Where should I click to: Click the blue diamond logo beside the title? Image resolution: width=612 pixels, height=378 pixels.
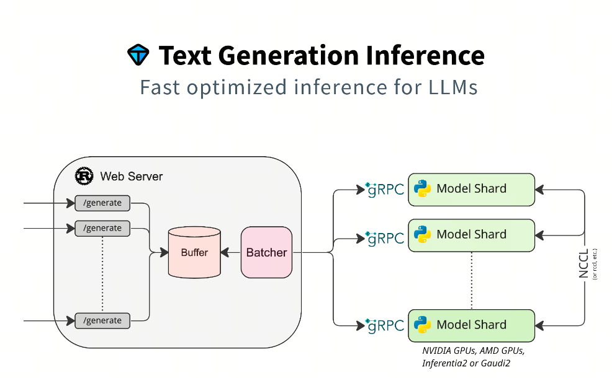pyautogui.click(x=138, y=55)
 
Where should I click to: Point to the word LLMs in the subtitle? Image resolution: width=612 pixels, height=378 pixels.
pyautogui.click(x=453, y=87)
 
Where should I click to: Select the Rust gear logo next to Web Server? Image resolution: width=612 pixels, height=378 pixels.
pyautogui.click(x=84, y=176)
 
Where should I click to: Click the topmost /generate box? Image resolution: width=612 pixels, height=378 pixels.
pyautogui.click(x=102, y=203)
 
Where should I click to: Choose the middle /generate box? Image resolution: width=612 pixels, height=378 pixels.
pyautogui.click(x=102, y=229)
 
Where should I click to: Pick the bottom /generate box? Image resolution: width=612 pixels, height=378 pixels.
pyautogui.click(x=102, y=321)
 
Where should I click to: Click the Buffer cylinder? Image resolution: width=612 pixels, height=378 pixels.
pyautogui.click(x=194, y=252)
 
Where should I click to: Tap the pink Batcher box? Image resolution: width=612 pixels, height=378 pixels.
pyautogui.click(x=266, y=252)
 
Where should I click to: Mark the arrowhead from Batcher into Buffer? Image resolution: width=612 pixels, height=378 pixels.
pyautogui.click(x=225, y=253)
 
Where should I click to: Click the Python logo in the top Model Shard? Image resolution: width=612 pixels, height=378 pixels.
pyautogui.click(x=422, y=188)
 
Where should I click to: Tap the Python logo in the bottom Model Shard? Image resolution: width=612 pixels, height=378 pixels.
pyautogui.click(x=422, y=325)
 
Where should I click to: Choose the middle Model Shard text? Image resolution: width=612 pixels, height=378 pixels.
pyautogui.click(x=472, y=234)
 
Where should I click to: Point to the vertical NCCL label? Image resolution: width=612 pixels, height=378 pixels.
pyautogui.click(x=583, y=264)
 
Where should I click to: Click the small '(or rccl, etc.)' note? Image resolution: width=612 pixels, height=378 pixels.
pyautogui.click(x=595, y=264)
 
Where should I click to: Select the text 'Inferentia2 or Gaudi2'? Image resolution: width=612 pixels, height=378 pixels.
pyautogui.click(x=466, y=364)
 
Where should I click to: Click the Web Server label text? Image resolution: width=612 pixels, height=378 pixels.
pyautogui.click(x=132, y=176)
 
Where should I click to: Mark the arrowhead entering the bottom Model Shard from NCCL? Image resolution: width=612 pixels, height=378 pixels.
pyautogui.click(x=539, y=325)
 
